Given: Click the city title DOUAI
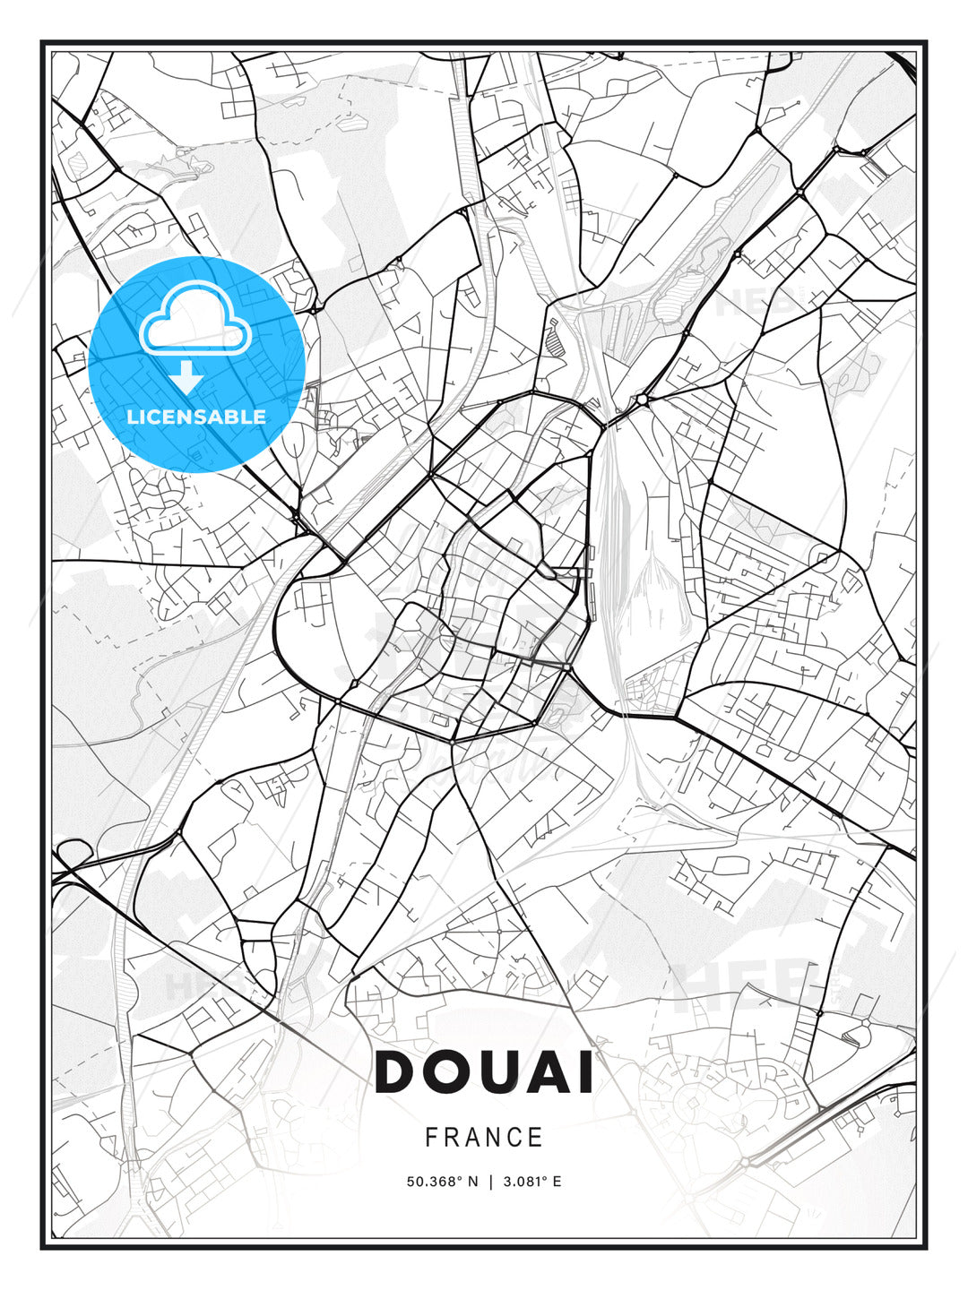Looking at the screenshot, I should [x=484, y=1072].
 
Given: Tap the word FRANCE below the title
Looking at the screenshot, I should [x=484, y=1138].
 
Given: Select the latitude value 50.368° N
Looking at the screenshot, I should [x=442, y=1182].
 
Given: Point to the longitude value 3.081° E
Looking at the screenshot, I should [x=532, y=1182].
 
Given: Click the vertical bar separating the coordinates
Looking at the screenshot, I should [x=490, y=1182].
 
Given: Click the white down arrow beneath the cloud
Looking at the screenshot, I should [x=187, y=378].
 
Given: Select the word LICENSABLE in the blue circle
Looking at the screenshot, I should [x=196, y=417].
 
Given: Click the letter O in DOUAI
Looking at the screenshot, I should [x=453, y=1072].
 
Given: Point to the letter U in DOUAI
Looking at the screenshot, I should [x=508, y=1072].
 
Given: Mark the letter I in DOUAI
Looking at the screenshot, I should [x=588, y=1072].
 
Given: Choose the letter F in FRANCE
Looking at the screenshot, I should [x=431, y=1138].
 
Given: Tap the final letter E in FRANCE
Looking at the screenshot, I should [x=537, y=1138].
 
